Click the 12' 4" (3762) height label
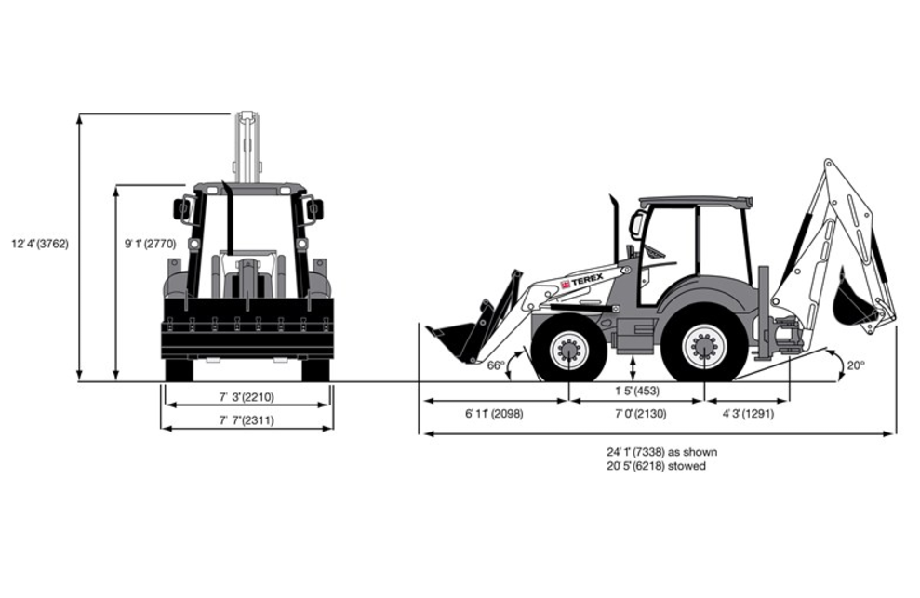40,244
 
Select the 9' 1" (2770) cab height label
150,244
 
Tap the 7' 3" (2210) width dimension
247,397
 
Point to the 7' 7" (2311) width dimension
247,420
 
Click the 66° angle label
496,365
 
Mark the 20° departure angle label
856,365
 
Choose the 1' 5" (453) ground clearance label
636,391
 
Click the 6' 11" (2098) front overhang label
494,414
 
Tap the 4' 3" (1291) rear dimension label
748,414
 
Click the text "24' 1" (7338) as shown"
661,452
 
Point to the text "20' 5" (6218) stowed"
656,466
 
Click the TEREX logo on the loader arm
581,283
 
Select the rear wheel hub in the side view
704,347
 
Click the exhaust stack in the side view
616,228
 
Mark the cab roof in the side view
695,202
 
